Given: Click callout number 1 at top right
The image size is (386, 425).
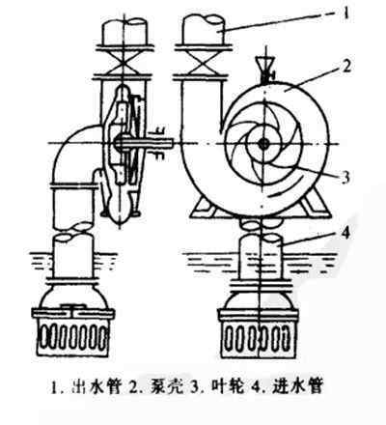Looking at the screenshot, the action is (345, 14).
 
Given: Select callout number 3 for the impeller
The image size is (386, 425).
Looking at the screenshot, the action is (345, 177).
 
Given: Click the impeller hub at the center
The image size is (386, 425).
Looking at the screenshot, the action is (264, 144).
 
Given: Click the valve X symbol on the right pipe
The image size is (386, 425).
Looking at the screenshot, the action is (202, 63).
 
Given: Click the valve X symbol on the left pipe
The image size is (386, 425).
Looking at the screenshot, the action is (123, 63).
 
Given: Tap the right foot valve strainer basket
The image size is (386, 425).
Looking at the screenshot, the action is (259, 337).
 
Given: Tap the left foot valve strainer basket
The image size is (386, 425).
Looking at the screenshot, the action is (73, 337).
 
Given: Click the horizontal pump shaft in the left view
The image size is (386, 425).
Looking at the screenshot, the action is (144, 142).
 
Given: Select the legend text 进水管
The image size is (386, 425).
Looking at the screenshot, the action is (296, 386).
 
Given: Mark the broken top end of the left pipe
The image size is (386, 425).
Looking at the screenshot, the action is (124, 23).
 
